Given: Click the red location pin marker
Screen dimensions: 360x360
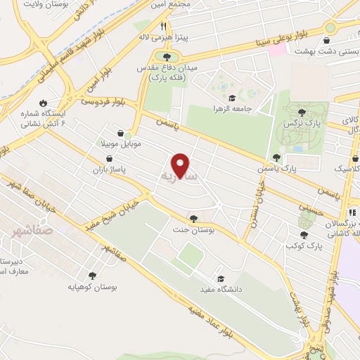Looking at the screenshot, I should (x=181, y=165).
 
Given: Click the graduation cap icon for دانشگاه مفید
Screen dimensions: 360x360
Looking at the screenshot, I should (x=221, y=279).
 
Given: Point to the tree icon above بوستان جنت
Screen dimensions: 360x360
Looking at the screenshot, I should (x=193, y=218).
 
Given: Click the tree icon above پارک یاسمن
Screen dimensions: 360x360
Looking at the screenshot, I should (x=275, y=157).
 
